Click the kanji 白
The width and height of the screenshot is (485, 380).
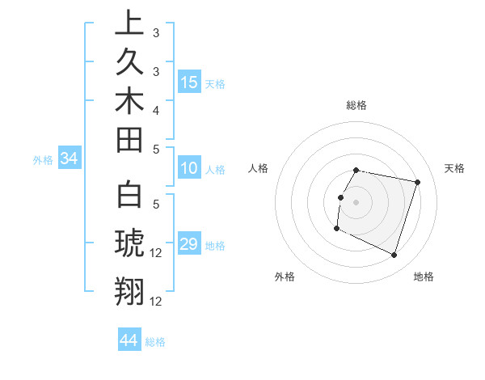[x=129, y=195]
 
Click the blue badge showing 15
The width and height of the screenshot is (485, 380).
[x=189, y=82]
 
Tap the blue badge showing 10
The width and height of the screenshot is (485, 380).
[x=189, y=168]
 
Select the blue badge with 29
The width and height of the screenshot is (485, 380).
[x=189, y=244]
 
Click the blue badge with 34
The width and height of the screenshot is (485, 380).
[x=69, y=159]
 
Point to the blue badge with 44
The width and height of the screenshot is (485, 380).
[x=129, y=340]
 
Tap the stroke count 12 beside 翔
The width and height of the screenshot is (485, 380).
[x=157, y=302]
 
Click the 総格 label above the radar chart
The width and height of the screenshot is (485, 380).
[x=356, y=105]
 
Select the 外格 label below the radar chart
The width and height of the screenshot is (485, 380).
[x=285, y=277]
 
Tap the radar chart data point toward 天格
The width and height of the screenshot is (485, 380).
[x=418, y=182]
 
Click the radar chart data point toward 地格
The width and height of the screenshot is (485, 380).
[x=394, y=255]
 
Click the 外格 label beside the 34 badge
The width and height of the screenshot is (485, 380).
[x=43, y=160]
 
